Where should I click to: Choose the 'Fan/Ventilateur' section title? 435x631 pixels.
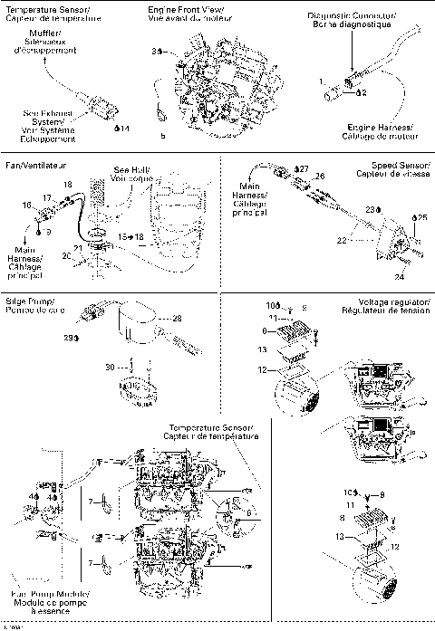coord(36,165)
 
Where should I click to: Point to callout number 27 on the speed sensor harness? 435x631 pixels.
coord(303,168)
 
